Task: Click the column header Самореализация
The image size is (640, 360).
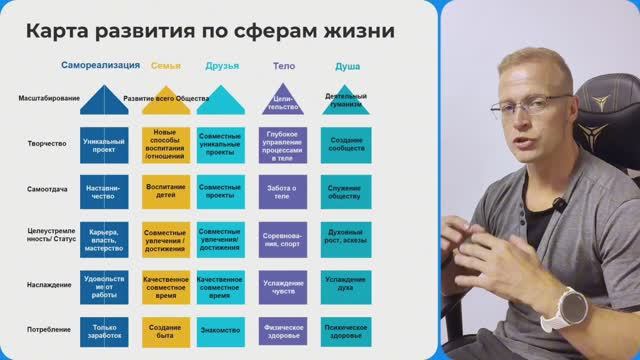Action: point(100,66)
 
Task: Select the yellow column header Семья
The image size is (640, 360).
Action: point(166,66)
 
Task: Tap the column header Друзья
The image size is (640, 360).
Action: point(221,66)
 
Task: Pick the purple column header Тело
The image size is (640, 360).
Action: point(283,66)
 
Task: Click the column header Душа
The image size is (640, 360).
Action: point(346,66)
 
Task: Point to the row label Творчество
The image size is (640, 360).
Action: point(47,143)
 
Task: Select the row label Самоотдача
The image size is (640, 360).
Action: point(47,188)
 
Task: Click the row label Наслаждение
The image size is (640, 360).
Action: point(47,284)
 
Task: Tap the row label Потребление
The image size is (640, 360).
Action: point(47,329)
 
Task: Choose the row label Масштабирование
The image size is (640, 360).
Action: point(48,98)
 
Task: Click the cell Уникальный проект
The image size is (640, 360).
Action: point(104,144)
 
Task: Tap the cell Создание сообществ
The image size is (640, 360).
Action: point(346,144)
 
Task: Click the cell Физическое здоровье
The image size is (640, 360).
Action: point(283,330)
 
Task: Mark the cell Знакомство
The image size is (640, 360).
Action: point(221,330)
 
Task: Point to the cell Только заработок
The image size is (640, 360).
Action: point(104,330)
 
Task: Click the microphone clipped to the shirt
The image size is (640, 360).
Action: point(561,205)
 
